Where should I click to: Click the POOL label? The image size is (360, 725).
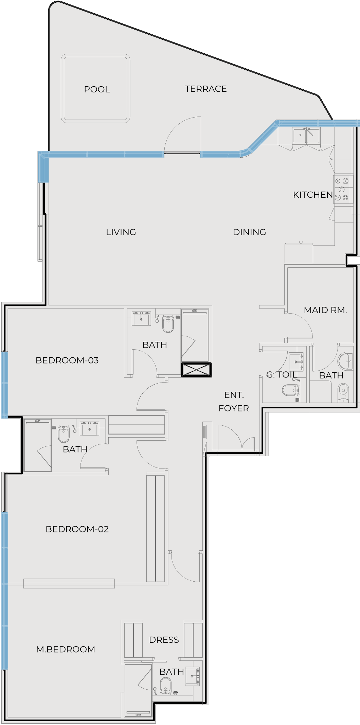97,89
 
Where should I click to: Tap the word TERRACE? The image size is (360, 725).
206,89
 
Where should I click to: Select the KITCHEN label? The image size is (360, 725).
313,195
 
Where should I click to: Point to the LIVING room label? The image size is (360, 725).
121,232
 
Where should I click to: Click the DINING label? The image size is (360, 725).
250,232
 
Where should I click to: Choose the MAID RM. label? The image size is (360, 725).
325,310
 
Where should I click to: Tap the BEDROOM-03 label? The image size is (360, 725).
67,360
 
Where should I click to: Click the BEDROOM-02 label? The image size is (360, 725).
77,529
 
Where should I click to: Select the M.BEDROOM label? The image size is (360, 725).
66,649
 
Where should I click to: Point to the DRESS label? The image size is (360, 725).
164,640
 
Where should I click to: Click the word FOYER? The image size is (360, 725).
234,408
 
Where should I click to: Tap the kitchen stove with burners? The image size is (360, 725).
342,190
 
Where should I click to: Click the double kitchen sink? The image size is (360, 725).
306,136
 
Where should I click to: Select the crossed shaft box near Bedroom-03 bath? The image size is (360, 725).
196,370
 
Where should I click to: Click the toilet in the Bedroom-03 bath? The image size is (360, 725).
168,324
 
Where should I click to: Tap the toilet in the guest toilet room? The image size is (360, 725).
291,390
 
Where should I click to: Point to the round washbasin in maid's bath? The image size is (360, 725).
346,361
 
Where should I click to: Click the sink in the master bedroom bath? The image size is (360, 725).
192,676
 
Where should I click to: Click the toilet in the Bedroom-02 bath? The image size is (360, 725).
64,434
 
